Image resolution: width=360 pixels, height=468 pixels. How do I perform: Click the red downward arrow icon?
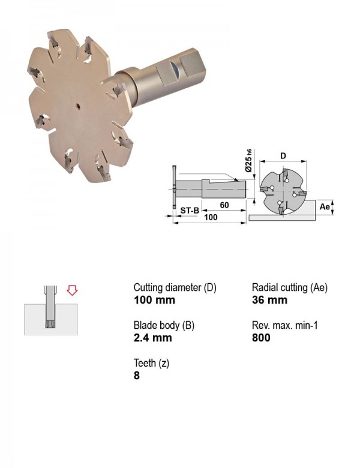pyautogui.click(x=72, y=290)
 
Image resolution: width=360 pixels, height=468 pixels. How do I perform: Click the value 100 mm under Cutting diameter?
pyautogui.click(x=154, y=300)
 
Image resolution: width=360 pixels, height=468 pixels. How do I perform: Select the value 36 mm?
pyautogui.click(x=269, y=300)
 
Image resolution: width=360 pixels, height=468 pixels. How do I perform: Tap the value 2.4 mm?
pyautogui.click(x=153, y=338)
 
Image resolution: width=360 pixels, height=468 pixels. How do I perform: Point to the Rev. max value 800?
pyautogui.click(x=261, y=338)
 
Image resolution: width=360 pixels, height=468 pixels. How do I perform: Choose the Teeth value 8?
pyautogui.click(x=137, y=375)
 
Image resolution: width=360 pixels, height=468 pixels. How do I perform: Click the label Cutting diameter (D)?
pyautogui.click(x=175, y=288)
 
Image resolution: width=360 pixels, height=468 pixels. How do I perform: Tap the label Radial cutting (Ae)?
pyautogui.click(x=290, y=288)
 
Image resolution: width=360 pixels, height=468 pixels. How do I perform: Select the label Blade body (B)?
pyautogui.click(x=164, y=325)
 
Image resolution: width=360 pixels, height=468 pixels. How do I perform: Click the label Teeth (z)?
pyautogui.click(x=151, y=363)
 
